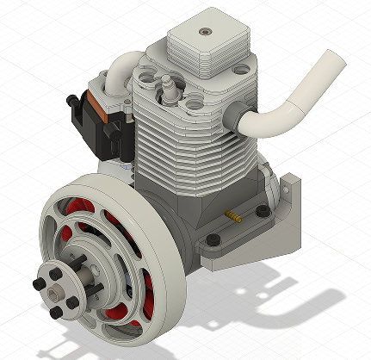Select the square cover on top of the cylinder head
click(x=207, y=47)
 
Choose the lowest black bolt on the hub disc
click(x=57, y=311)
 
